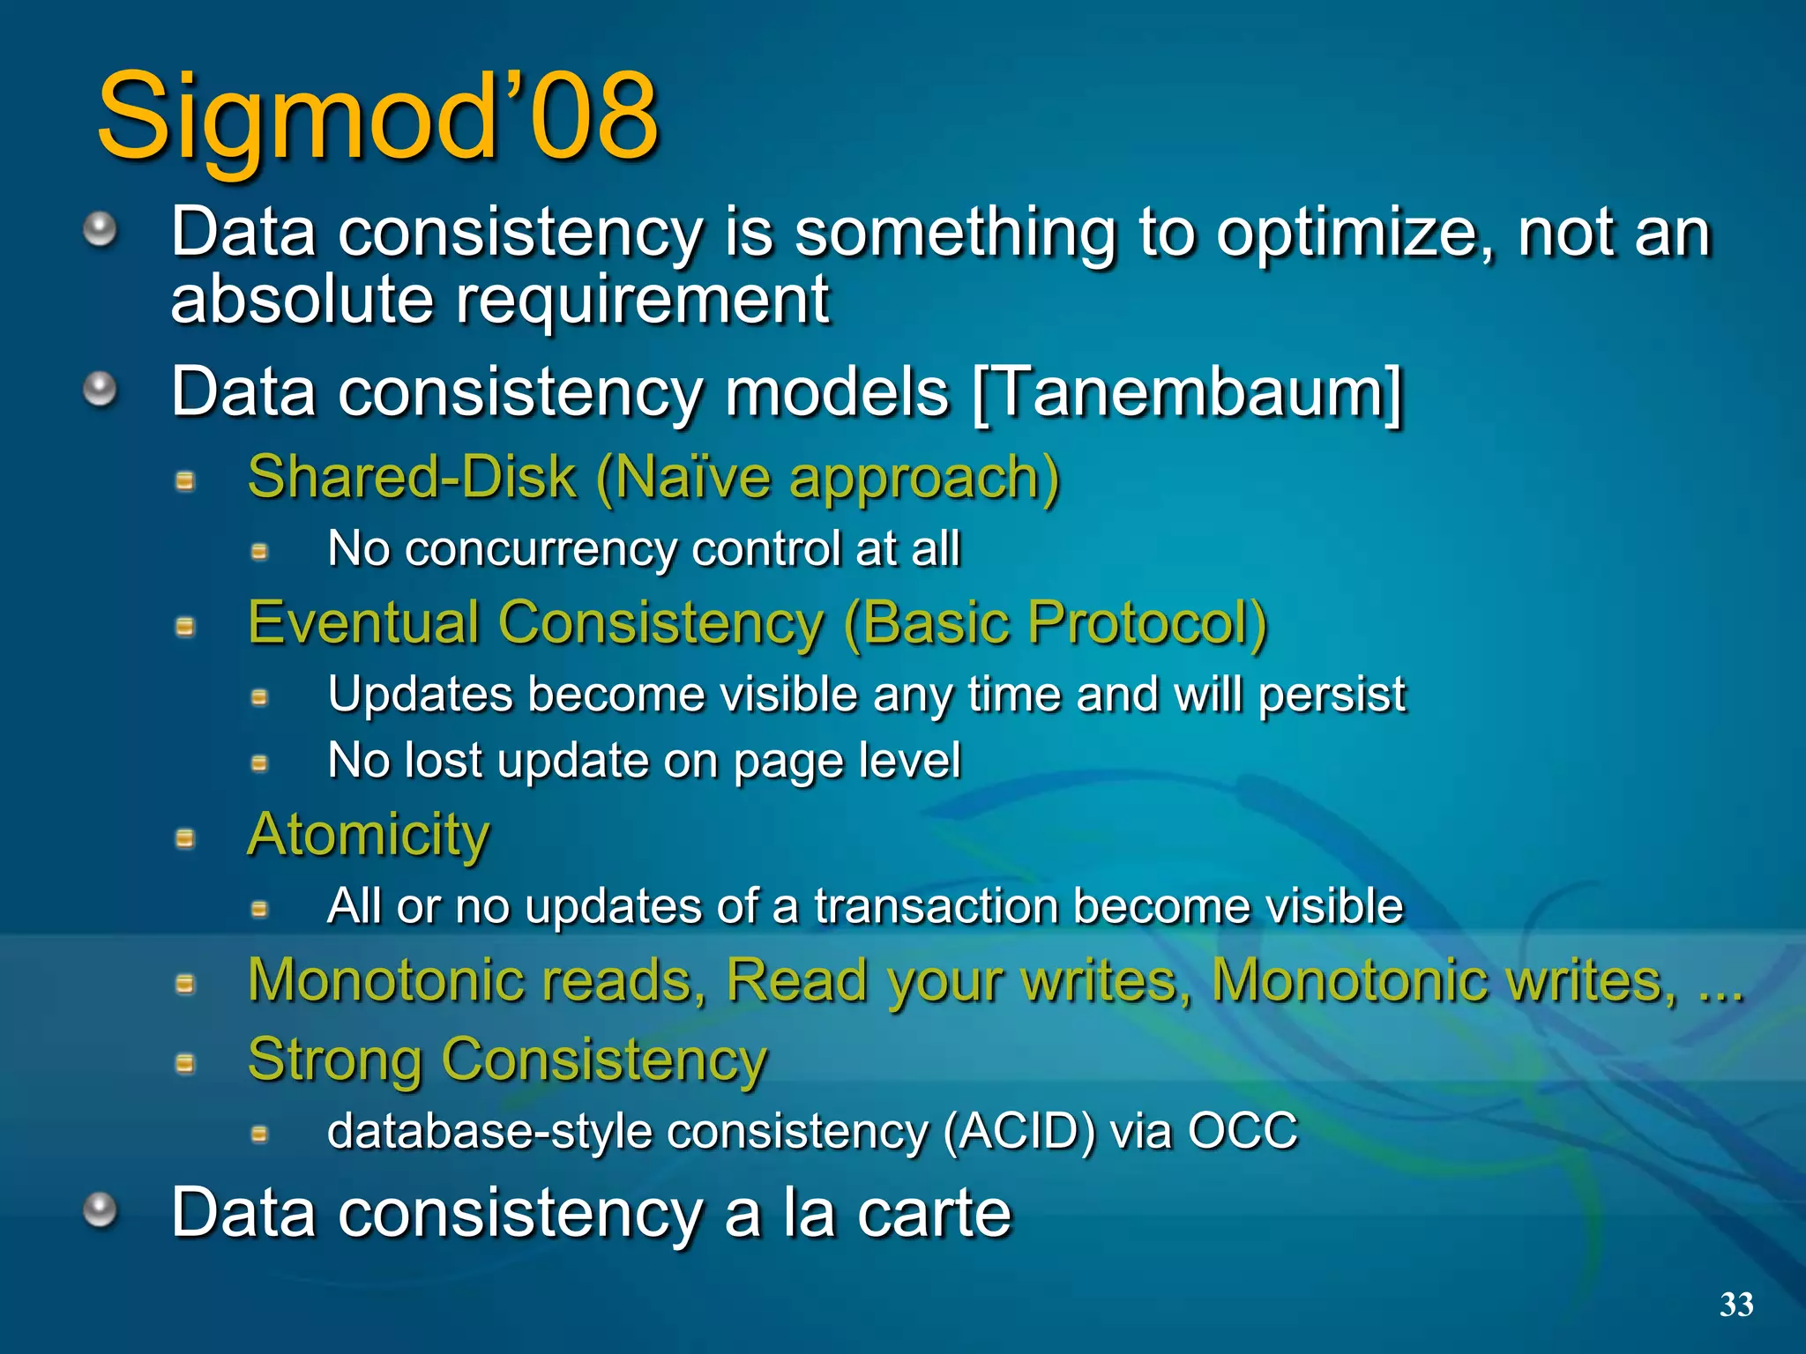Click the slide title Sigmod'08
point(377,116)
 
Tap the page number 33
point(1735,1305)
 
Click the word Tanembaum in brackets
point(1185,393)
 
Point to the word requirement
point(642,301)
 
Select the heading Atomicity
point(368,834)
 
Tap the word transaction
point(936,906)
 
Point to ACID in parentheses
point(1019,1131)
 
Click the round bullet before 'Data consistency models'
point(100,389)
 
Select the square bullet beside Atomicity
point(185,837)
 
